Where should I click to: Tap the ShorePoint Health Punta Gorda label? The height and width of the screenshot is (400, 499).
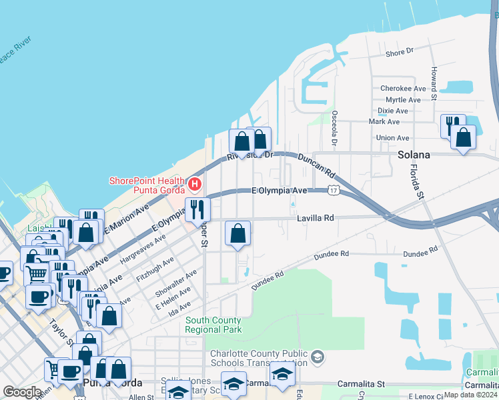[147, 185]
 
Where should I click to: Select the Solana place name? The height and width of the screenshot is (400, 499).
[414, 155]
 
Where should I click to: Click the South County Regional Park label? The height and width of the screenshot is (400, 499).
[213, 325]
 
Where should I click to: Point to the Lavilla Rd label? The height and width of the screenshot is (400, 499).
[315, 218]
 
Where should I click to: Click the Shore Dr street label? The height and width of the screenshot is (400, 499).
[400, 51]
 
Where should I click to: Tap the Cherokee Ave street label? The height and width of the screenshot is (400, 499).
[402, 88]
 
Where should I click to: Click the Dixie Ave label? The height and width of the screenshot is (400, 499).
[393, 111]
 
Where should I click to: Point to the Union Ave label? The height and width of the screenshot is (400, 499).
[393, 138]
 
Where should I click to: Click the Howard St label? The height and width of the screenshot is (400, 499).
[434, 83]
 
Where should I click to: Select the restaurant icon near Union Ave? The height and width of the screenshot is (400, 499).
[451, 125]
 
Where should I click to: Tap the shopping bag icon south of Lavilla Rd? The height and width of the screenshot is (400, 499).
[237, 233]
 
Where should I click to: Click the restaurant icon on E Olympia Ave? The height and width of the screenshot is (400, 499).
[197, 209]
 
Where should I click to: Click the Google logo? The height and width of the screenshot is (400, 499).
[22, 392]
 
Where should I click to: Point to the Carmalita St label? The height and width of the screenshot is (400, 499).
[361, 384]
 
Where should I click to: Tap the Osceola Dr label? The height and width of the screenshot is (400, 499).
[334, 128]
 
